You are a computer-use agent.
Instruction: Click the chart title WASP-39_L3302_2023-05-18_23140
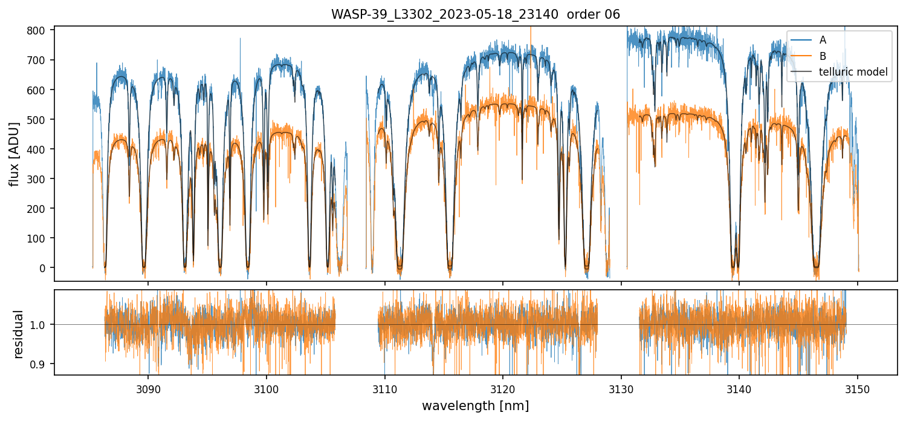tap(475, 15)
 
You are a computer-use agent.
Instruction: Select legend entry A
tap(823, 41)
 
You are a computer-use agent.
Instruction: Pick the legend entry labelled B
tap(823, 56)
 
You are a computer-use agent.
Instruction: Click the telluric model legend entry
tap(853, 72)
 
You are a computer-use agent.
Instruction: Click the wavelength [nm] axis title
tap(475, 405)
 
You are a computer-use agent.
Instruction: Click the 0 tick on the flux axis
tap(44, 267)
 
